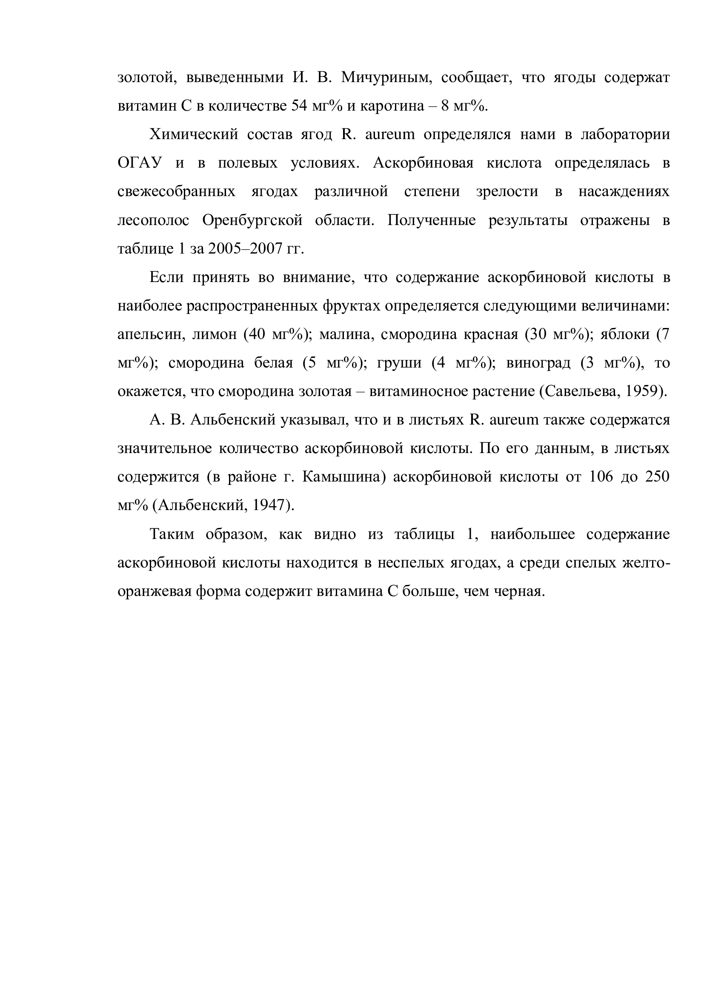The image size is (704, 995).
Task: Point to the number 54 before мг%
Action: click(x=299, y=106)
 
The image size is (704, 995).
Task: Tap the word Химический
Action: click(x=194, y=135)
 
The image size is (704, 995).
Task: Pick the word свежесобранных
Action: click(x=177, y=192)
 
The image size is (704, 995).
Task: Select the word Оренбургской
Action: click(x=252, y=221)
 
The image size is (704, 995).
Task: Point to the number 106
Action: click(x=601, y=477)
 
